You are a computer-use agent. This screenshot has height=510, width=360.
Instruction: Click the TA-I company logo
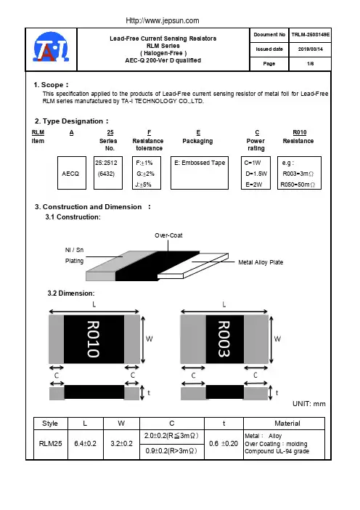pyautogui.click(x=51, y=46)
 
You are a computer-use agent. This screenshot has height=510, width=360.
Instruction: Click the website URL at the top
pyautogui.click(x=163, y=21)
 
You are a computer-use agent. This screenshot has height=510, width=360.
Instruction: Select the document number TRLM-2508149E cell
pyautogui.click(x=311, y=35)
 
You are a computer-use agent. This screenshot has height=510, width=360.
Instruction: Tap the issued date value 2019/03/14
pyautogui.click(x=311, y=49)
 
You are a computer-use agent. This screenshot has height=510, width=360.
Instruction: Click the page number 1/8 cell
pyautogui.click(x=311, y=64)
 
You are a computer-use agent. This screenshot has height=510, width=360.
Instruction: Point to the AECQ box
pyautogui.click(x=72, y=173)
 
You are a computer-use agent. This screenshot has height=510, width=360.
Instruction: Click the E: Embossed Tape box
pyautogui.click(x=200, y=173)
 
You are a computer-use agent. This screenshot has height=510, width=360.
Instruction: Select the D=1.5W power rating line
pyautogui.click(x=256, y=174)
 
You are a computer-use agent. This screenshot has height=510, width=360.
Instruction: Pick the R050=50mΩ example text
pyautogui.click(x=298, y=185)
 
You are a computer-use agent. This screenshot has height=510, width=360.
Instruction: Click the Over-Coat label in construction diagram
pyautogui.click(x=168, y=235)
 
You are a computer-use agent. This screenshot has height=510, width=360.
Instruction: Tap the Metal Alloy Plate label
pyautogui.click(x=261, y=262)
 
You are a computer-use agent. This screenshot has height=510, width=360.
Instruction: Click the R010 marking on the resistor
pyautogui.click(x=93, y=339)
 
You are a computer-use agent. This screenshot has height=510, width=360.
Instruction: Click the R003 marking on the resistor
pyautogui.click(x=224, y=339)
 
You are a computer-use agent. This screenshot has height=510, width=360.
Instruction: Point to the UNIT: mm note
pyautogui.click(x=309, y=404)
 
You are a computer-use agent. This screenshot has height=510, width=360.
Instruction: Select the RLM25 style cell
pyautogui.click(x=51, y=445)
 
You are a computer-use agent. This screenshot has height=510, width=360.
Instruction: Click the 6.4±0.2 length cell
pyautogui.click(x=86, y=445)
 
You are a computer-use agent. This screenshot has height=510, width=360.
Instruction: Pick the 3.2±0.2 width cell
pyautogui.click(x=121, y=445)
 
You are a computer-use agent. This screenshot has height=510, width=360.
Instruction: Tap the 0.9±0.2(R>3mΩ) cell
pyautogui.click(x=172, y=451)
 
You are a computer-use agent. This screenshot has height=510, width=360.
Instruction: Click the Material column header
pyautogui.click(x=287, y=424)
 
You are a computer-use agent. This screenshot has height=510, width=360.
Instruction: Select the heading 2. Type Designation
pyautogui.click(x=71, y=121)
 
